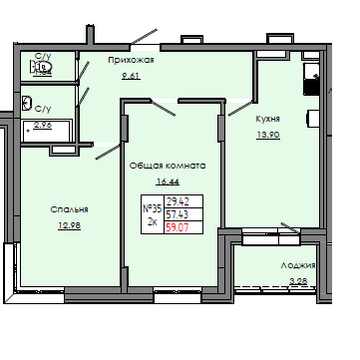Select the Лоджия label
coord(297,266)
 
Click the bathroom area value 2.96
coord(44,125)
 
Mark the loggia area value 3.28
coord(298,282)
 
